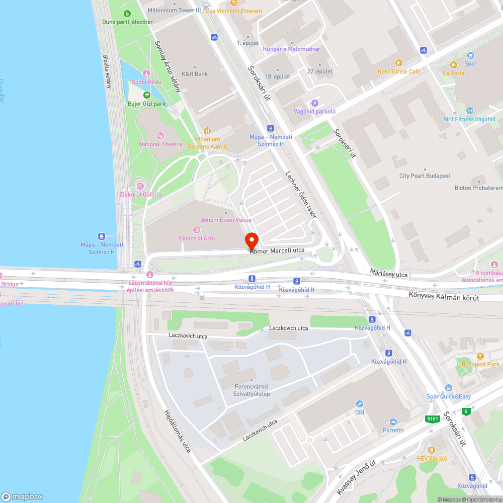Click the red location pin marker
(x=251, y=240)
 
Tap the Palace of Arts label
(x=197, y=238)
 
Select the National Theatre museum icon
(x=160, y=136)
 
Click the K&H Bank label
(x=194, y=74)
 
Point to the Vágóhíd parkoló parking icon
(x=315, y=103)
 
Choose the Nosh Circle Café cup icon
(x=399, y=63)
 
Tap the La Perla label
(x=454, y=73)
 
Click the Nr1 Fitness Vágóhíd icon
(x=469, y=111)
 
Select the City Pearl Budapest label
(x=425, y=176)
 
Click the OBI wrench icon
(x=360, y=404)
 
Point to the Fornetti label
(x=393, y=430)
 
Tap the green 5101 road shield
(x=432, y=418)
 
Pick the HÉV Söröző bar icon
(x=431, y=450)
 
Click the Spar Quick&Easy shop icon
(x=448, y=388)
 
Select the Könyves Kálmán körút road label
(x=444, y=298)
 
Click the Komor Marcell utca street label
(x=277, y=250)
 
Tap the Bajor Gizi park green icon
(x=146, y=95)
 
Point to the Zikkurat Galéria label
(x=141, y=195)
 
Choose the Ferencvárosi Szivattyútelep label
(x=252, y=390)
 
